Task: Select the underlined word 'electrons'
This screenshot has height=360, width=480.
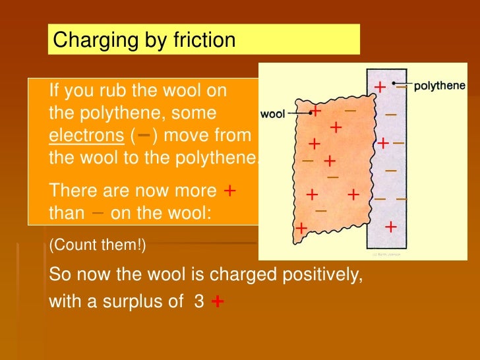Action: (x=86, y=136)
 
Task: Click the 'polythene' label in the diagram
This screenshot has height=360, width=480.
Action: (x=440, y=86)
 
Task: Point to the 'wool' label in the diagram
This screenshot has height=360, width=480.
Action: (x=273, y=113)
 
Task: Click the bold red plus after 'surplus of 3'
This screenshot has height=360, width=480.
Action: (x=218, y=302)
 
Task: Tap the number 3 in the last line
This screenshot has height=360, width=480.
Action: (x=198, y=303)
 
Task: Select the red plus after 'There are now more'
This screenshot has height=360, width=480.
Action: (x=230, y=191)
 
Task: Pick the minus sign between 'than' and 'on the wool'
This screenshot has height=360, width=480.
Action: (x=98, y=213)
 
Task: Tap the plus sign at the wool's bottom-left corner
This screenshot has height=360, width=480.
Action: (x=301, y=228)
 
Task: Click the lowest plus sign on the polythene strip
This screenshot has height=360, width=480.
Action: (x=390, y=227)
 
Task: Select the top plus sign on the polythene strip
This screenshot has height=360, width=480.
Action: (x=380, y=88)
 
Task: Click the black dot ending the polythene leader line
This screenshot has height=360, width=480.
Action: (x=394, y=84)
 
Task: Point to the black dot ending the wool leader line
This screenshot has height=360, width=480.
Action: (x=309, y=113)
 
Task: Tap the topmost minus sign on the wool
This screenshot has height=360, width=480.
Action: (x=351, y=110)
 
